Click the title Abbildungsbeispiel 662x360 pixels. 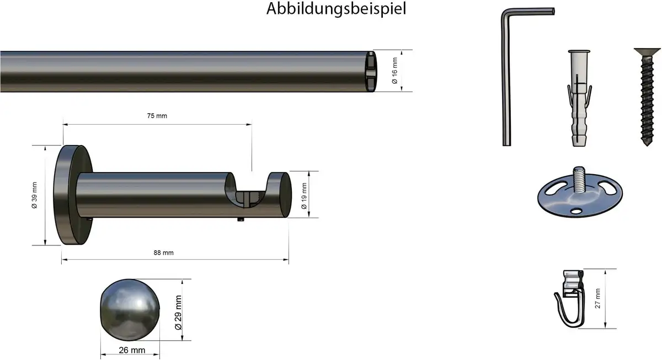[x=336, y=9]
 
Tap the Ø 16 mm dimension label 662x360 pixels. [x=395, y=71]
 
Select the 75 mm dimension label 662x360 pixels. [x=157, y=116]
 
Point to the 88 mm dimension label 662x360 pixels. [x=163, y=253]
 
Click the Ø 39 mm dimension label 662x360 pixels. [x=34, y=195]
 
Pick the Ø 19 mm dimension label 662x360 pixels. [x=304, y=196]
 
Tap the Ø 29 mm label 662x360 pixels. [x=178, y=313]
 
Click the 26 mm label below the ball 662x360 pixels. [x=132, y=350]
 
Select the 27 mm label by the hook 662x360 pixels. [x=597, y=299]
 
